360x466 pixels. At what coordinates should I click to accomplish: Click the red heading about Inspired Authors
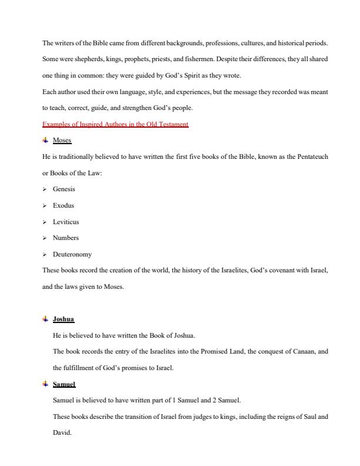tap(115, 124)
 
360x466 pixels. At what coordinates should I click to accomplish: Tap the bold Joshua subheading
tap(64, 319)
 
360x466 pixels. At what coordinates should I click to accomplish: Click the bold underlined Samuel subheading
tap(65, 384)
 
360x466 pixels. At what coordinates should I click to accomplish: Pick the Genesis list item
tap(64, 189)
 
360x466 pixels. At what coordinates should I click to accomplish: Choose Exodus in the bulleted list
tap(64, 206)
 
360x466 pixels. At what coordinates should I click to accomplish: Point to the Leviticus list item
tap(66, 222)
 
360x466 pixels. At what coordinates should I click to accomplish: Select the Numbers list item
tap(66, 238)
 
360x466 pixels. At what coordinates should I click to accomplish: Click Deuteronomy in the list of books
tap(72, 255)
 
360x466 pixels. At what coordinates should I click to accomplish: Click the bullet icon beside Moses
tap(45, 141)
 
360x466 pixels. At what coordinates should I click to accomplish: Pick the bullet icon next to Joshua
tap(45, 319)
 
